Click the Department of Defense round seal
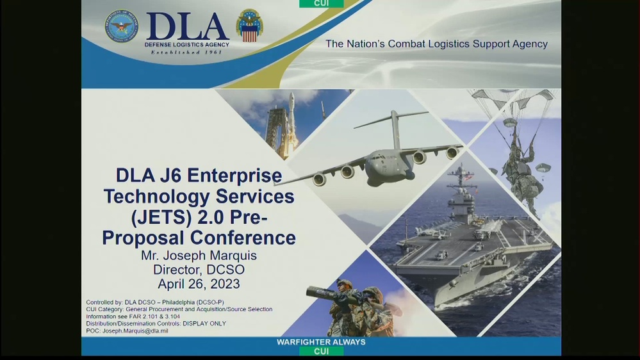tap(121, 26)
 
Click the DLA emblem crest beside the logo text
tap(249, 26)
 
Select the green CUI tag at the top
tap(321, 4)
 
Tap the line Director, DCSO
tap(199, 270)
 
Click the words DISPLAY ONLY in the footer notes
tap(204, 323)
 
